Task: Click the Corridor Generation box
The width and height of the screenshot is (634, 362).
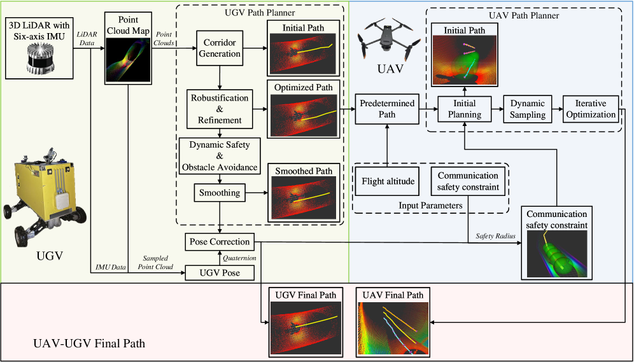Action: pos(220,48)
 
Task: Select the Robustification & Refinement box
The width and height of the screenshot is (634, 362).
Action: pos(220,109)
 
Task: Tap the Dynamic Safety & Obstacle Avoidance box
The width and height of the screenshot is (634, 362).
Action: pos(220,156)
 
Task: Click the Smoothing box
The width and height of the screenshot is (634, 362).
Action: pos(220,193)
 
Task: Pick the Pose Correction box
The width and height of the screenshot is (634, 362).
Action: pos(220,242)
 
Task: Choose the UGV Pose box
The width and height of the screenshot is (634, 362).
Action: pos(220,273)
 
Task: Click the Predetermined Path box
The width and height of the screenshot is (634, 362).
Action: pos(387,109)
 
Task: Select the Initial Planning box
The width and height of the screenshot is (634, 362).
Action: pos(465,109)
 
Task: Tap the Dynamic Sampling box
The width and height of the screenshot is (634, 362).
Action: pos(527,109)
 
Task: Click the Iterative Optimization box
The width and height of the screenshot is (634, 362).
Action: pos(591,109)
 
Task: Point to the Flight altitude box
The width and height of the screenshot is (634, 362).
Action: pos(388,181)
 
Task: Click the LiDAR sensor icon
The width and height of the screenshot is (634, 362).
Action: pos(39,59)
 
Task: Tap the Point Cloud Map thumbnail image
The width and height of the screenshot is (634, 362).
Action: pos(128,58)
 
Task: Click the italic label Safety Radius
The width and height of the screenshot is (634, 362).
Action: pos(496,237)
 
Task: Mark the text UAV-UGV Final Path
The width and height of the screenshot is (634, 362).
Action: pos(88,344)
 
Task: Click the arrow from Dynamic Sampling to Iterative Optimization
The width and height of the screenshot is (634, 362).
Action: pos(557,109)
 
